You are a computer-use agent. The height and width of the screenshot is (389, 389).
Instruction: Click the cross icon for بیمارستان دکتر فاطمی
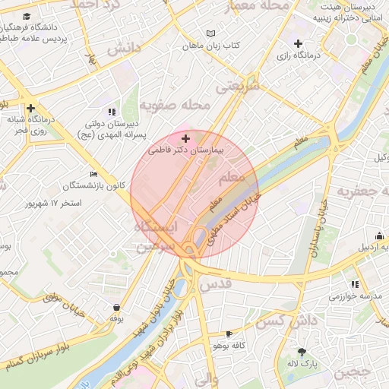tap(186, 139)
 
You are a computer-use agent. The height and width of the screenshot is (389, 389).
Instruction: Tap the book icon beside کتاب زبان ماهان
tap(211, 33)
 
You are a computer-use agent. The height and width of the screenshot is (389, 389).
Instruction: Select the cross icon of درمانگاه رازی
tap(298, 43)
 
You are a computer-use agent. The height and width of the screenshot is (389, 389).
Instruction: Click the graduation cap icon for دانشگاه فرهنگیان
tap(27, 17)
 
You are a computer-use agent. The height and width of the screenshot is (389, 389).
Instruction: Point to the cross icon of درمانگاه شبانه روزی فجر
tap(30, 109)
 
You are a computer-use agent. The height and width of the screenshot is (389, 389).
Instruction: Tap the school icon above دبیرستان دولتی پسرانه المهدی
tap(112, 112)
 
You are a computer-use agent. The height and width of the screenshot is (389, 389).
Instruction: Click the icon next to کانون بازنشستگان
tap(93, 174)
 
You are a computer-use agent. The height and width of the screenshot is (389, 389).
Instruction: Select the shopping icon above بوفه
tap(116, 308)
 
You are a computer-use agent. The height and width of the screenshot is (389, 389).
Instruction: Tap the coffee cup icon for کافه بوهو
tap(229, 334)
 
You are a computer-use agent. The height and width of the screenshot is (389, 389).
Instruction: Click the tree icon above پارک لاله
tap(302, 351)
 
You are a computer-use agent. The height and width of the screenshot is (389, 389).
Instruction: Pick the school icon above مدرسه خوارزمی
tap(355, 284)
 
